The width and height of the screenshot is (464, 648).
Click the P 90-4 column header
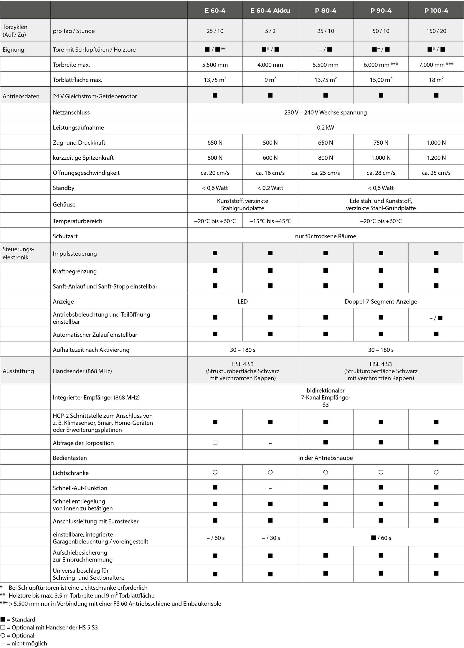click(381, 11)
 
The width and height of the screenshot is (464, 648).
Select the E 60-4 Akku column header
click(270, 11)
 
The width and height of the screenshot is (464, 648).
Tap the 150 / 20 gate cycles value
click(436, 31)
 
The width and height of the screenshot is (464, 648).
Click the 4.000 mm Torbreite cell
click(270, 65)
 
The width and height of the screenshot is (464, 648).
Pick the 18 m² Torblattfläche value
click(436, 80)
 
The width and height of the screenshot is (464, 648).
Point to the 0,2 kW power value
click(325, 128)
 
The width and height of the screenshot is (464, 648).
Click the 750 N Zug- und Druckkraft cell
click(381, 143)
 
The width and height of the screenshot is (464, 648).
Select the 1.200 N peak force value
click(436, 158)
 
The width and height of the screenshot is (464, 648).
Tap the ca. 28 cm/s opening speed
click(381, 173)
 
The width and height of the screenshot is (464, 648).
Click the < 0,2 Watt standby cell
click(270, 188)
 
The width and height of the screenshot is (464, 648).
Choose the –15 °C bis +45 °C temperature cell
click(270, 221)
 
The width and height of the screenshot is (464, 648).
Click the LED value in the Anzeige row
click(242, 302)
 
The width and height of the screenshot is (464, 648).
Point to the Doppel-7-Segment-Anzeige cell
click(381, 302)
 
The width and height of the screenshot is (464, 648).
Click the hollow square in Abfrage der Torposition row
click(215, 442)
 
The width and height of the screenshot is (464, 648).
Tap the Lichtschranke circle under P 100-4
click(436, 472)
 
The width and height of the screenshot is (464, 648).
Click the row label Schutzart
click(65, 236)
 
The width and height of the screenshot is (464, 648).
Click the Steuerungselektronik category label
click(18, 253)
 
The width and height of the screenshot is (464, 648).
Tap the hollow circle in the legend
click(3, 635)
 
